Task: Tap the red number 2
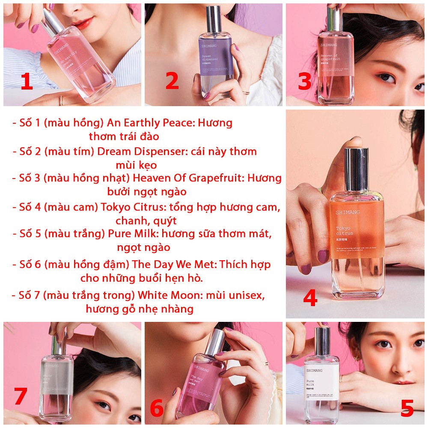172,81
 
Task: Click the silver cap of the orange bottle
356,169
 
